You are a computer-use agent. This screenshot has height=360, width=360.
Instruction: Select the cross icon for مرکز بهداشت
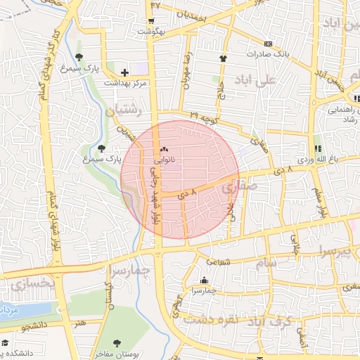tap(124, 72)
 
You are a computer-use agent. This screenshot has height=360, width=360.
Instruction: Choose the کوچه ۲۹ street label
tap(203, 115)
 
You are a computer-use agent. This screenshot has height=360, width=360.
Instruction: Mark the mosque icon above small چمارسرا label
tap(204, 280)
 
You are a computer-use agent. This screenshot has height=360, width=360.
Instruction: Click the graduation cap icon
tap(5, 342)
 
